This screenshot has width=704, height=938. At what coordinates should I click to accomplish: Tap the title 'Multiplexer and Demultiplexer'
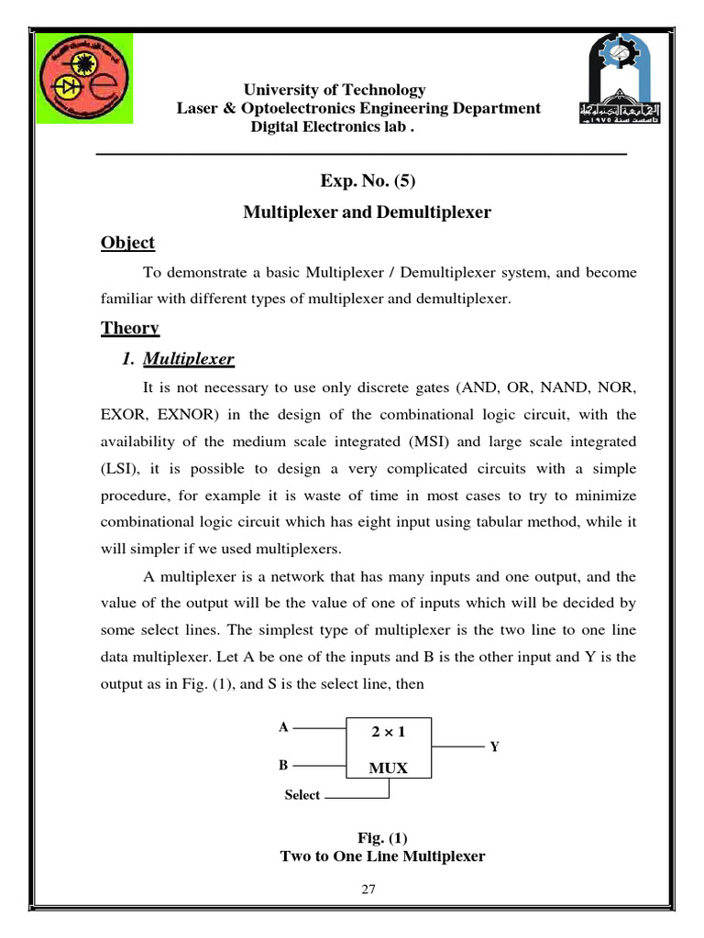click(367, 213)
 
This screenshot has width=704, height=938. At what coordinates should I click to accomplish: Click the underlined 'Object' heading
click(127, 243)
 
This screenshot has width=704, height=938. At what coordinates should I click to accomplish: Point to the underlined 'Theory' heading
click(129, 328)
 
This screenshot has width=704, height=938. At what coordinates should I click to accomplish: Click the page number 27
click(368, 889)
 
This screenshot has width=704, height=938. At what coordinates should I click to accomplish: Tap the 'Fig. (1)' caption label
click(382, 838)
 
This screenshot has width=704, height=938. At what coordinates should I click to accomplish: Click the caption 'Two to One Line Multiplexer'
click(382, 856)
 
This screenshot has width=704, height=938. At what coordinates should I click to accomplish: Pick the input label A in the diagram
click(284, 727)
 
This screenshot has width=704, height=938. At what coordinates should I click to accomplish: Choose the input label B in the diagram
click(284, 764)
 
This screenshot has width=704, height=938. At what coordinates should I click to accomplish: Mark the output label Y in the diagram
click(494, 747)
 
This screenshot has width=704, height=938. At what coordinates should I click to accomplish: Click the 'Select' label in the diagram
click(302, 795)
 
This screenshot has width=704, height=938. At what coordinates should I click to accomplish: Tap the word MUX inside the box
click(388, 768)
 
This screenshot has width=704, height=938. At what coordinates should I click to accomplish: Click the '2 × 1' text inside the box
click(388, 733)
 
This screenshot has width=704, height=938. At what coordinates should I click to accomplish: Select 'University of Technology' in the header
click(334, 90)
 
